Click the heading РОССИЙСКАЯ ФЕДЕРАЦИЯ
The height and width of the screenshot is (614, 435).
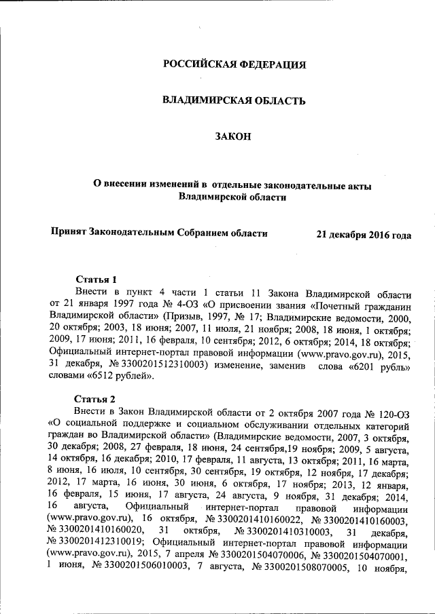point(234,65)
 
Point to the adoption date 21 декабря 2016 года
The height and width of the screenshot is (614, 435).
point(364,235)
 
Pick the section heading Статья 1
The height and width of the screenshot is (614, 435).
point(96,280)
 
